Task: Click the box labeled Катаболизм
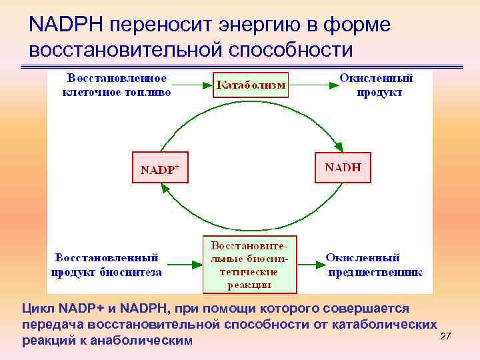click(250, 85)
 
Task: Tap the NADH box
click(342, 167)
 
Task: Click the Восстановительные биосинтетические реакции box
click(249, 264)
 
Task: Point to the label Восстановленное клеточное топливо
click(117, 85)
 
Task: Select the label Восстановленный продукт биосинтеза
click(107, 264)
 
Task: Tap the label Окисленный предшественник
click(374, 264)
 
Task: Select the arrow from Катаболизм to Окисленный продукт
click(307, 85)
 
